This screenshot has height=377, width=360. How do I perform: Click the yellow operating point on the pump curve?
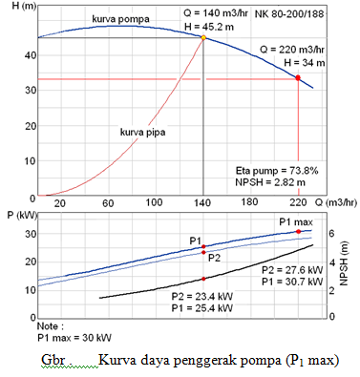coord(203,38)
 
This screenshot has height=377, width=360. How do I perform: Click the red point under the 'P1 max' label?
coord(298,231)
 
